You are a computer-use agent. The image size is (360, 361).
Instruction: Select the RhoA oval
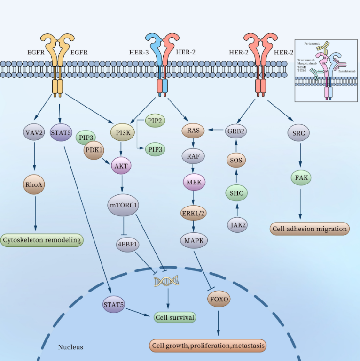point(34,184)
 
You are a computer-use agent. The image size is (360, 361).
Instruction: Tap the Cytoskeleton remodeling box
point(42,240)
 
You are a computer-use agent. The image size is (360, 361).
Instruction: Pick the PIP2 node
point(154,121)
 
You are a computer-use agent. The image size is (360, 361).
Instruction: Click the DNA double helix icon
point(167,281)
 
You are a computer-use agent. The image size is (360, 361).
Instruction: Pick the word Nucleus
point(70,347)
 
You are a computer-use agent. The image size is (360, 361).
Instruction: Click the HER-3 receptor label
point(139,52)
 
